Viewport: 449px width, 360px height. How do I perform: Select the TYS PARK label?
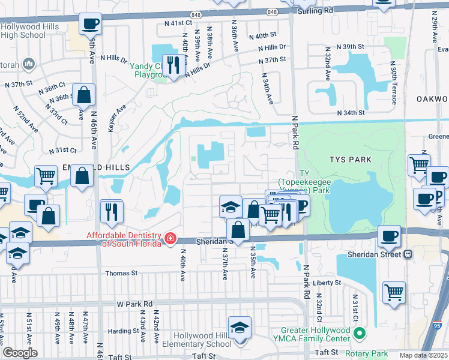350,160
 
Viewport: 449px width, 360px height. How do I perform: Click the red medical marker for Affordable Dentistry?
171,239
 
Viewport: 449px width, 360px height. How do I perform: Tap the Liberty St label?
327,282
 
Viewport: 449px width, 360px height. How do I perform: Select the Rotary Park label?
369,354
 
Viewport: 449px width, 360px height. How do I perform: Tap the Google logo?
20,353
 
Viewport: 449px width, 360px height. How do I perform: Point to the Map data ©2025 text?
423,355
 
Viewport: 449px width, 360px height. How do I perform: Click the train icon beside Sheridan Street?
408,254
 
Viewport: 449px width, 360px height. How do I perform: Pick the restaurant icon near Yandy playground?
173,64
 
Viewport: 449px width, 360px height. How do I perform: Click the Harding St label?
124,331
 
